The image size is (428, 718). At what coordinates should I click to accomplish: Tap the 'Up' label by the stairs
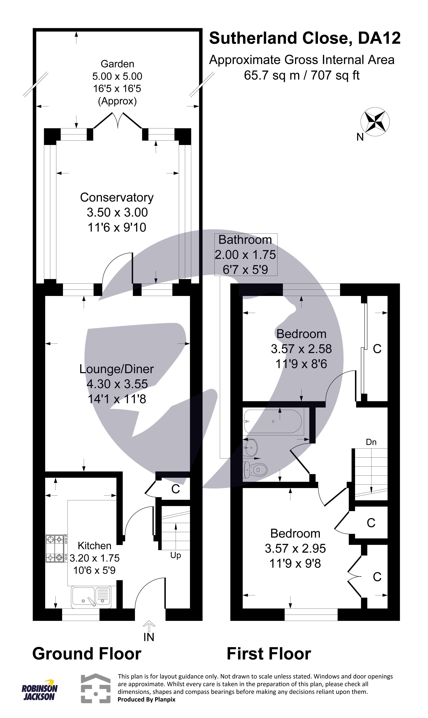click(x=175, y=555)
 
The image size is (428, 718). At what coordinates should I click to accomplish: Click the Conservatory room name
click(x=117, y=198)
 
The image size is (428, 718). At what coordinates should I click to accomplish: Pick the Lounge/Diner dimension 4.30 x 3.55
click(x=117, y=384)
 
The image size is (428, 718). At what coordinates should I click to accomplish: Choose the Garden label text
click(x=117, y=64)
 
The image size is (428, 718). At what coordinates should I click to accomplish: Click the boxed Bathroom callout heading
click(x=245, y=240)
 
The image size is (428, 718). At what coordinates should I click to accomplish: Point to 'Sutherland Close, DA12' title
click(x=305, y=38)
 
